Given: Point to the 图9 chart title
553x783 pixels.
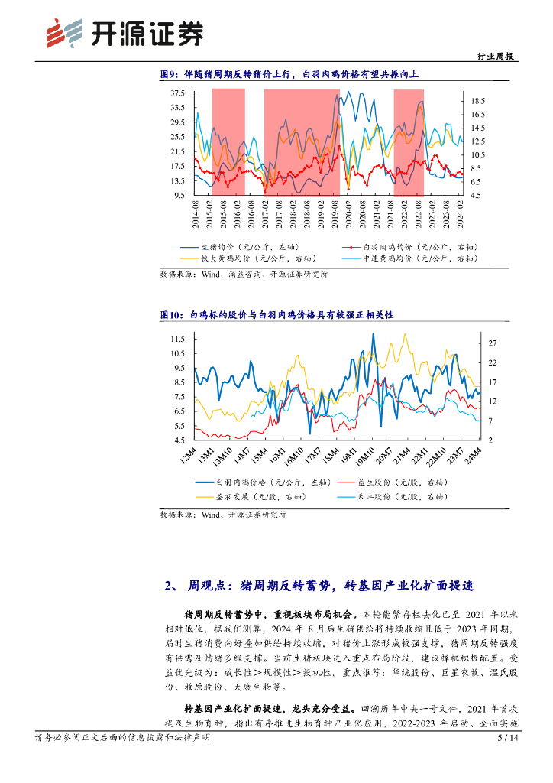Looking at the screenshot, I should coord(289,75).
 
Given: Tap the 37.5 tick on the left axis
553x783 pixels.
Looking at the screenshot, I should coord(177,93).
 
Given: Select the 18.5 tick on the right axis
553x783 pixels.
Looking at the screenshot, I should coord(478,101).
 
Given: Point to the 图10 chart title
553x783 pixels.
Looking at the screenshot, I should coord(276,315).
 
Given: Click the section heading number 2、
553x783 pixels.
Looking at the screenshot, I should coord(172,586).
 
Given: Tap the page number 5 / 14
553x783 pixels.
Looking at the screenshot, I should coord(508,738).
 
